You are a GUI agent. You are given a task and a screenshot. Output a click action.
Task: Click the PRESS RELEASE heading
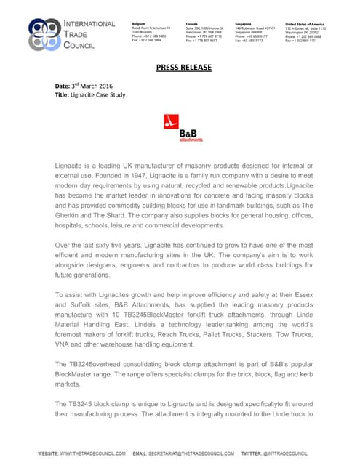tap(184, 68)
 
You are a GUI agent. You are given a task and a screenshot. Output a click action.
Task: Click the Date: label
tap(63, 86)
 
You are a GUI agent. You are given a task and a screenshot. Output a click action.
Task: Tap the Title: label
tap(63, 95)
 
